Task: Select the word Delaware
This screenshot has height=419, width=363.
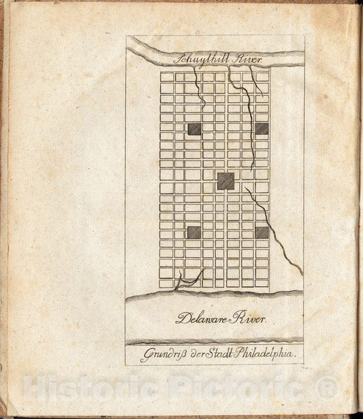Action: point(202,317)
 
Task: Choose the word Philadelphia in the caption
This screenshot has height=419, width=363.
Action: point(264,355)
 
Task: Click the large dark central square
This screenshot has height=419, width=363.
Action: point(225,181)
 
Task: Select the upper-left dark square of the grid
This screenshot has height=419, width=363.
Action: point(194,129)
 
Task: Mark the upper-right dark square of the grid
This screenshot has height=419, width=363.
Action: point(262,129)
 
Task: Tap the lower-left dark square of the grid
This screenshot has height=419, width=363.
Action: point(194,232)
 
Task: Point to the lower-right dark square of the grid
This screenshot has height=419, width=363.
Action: point(262,232)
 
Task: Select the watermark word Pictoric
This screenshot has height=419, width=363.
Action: point(242,389)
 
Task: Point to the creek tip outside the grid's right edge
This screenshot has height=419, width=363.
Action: point(300,271)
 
